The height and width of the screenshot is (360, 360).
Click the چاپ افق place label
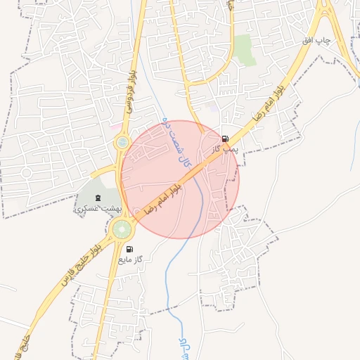pyautogui.click(x=316, y=41)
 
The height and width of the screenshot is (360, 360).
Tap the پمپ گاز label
pyautogui.click(x=226, y=149)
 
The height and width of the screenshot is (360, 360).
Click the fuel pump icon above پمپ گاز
pyautogui.click(x=225, y=139)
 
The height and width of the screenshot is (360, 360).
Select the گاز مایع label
pyautogui.click(x=130, y=260)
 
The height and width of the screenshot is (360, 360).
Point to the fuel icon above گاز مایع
pyautogui.click(x=129, y=249)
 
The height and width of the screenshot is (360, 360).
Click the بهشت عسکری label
pyautogui.click(x=98, y=209)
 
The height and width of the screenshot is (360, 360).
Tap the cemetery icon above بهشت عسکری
pyautogui.click(x=98, y=198)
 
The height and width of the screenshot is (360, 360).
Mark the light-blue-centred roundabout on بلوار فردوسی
pyautogui.click(x=123, y=143)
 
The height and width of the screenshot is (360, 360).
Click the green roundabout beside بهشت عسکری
pyautogui.click(x=122, y=229)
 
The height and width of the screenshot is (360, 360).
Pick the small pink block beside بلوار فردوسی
pyautogui.click(x=115, y=127)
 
